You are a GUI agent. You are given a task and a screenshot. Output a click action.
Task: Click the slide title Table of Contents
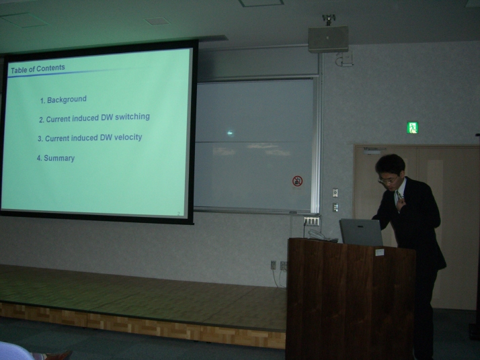tap(38, 69)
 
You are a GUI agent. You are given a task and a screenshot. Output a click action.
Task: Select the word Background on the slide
tap(67, 99)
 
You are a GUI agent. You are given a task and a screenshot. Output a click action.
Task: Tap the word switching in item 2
tap(132, 117)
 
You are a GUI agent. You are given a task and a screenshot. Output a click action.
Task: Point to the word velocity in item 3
tap(128, 137)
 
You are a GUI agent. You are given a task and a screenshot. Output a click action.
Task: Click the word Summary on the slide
tap(59, 158)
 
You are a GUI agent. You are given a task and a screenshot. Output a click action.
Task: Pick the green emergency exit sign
tap(412, 128)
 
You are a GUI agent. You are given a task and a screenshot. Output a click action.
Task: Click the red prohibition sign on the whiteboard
tap(297, 181)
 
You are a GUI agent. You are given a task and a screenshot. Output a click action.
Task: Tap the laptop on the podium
tap(360, 232)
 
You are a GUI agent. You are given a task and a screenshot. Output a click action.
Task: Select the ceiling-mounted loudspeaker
tap(328, 39)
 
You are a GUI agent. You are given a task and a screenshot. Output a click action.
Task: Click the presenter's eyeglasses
tap(387, 180)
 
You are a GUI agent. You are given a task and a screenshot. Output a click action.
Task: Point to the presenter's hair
tap(391, 165)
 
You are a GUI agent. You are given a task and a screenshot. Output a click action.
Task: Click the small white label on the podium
tap(380, 253)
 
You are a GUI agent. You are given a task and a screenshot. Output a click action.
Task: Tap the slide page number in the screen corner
tap(178, 214)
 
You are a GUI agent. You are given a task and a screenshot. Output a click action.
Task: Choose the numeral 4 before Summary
tap(39, 158)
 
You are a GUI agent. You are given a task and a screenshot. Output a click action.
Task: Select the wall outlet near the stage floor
tap(274, 265)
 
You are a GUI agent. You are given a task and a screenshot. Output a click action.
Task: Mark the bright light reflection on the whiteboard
tap(230, 133)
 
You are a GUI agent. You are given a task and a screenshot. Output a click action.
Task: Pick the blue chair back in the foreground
tap(15, 352)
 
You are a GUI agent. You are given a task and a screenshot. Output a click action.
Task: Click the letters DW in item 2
tap(107, 118)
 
